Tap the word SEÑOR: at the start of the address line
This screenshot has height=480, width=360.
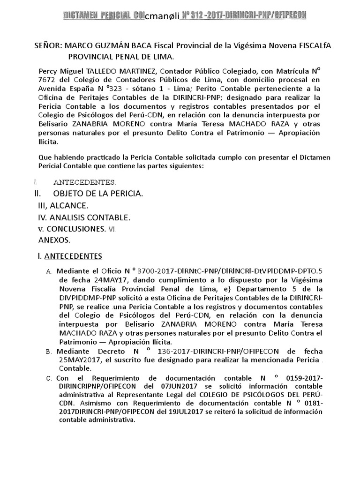point(48,46)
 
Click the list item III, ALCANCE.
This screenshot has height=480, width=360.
point(62,205)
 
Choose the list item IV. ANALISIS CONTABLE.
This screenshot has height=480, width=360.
point(84,217)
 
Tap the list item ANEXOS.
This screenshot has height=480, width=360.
point(54,240)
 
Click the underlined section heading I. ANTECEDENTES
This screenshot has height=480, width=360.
point(70,256)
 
